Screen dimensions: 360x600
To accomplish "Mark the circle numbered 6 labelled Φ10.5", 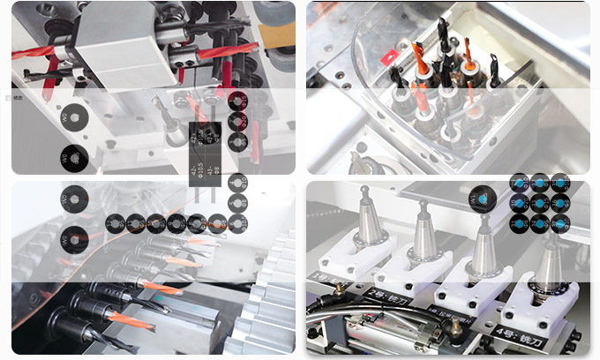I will coord(237,203).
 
